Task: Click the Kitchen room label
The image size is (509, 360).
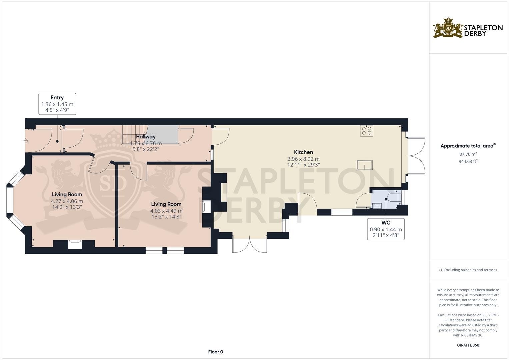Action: [303, 152]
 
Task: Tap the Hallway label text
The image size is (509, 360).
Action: [146, 137]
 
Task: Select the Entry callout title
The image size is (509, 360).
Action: [57, 98]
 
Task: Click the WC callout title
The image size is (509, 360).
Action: [386, 223]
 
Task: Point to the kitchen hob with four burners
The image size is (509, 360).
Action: [367, 130]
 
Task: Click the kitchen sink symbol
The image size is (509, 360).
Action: [364, 165]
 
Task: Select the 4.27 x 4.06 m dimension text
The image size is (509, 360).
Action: [67, 201]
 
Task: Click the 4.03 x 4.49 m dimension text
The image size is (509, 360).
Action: [166, 211]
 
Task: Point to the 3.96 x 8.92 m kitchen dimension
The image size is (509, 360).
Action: [303, 159]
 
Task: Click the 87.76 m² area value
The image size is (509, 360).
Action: [468, 154]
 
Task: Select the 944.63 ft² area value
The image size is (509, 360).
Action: [468, 161]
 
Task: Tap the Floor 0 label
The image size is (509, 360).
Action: [215, 352]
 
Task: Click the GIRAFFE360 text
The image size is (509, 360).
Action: [468, 345]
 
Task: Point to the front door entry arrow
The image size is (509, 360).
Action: [26, 141]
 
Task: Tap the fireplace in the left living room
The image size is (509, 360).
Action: [75, 244]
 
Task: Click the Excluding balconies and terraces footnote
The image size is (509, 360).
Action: [468, 270]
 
